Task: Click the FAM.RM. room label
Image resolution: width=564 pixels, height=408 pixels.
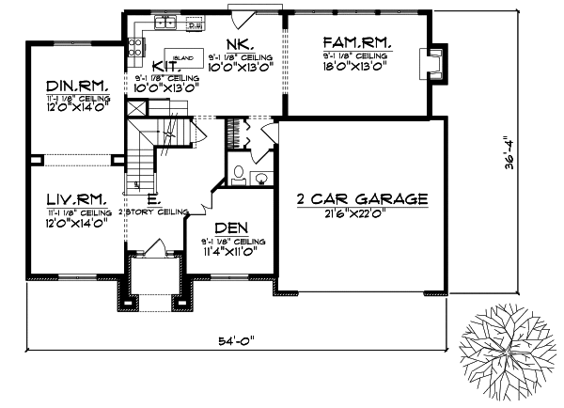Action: tap(356, 43)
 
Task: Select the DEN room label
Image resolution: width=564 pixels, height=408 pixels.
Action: tap(230, 228)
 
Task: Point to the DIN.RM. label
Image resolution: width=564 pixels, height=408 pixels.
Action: tap(78, 86)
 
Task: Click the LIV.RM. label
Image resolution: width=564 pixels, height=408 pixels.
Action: tap(76, 198)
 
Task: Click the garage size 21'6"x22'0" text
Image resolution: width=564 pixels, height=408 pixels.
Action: tap(362, 214)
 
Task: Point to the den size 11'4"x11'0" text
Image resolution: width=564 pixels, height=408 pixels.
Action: tap(230, 253)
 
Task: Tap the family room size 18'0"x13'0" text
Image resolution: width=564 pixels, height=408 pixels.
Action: tap(356, 68)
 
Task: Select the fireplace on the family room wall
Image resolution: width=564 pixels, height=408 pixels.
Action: tap(435, 59)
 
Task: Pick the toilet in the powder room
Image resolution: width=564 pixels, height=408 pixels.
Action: tap(239, 175)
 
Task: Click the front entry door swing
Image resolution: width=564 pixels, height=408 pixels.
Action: tap(153, 251)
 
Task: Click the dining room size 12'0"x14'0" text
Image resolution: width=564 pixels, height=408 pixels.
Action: tap(78, 107)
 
